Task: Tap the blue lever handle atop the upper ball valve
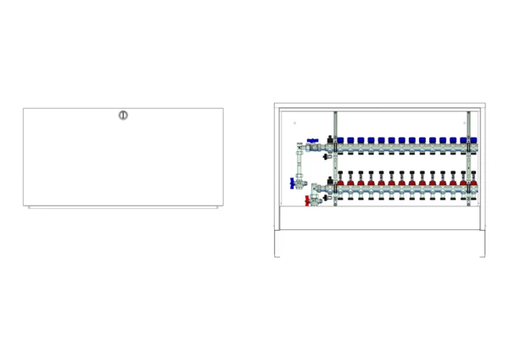[313, 141]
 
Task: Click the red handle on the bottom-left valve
[306, 200]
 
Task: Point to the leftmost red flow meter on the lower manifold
[340, 180]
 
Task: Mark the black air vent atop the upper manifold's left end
[329, 139]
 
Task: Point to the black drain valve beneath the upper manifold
[327, 157]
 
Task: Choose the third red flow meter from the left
[361, 180]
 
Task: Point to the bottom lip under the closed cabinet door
[123, 207]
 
